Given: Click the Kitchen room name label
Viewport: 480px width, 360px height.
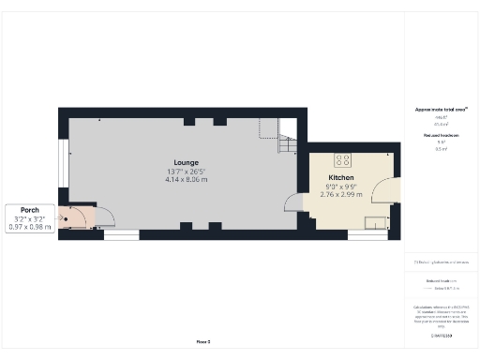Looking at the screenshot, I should coord(340,178).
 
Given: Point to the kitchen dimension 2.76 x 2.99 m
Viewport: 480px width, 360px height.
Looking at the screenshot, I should coord(340,194).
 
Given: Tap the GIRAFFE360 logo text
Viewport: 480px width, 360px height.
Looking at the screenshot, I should coord(441,335).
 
